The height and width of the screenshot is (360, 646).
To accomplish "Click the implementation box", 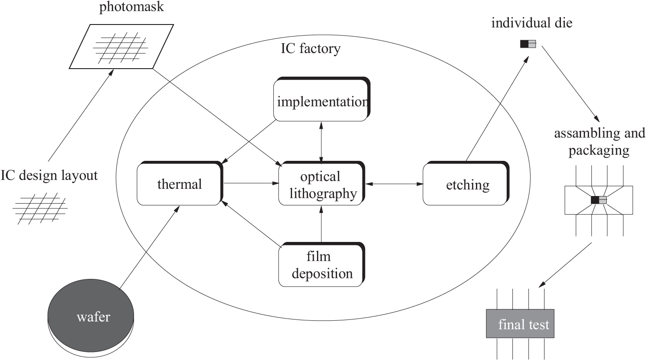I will [321, 101].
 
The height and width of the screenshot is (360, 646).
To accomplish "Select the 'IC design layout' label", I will [49, 175].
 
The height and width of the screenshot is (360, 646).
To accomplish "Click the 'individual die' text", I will [532, 23].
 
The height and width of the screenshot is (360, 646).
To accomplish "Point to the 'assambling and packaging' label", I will [599, 142].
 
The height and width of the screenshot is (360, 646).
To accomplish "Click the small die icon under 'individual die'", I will [528, 44].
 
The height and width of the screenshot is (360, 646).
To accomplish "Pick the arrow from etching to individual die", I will [495, 107].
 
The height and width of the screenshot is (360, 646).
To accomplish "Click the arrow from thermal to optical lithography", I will [250, 183].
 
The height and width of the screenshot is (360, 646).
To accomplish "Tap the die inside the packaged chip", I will [599, 200].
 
